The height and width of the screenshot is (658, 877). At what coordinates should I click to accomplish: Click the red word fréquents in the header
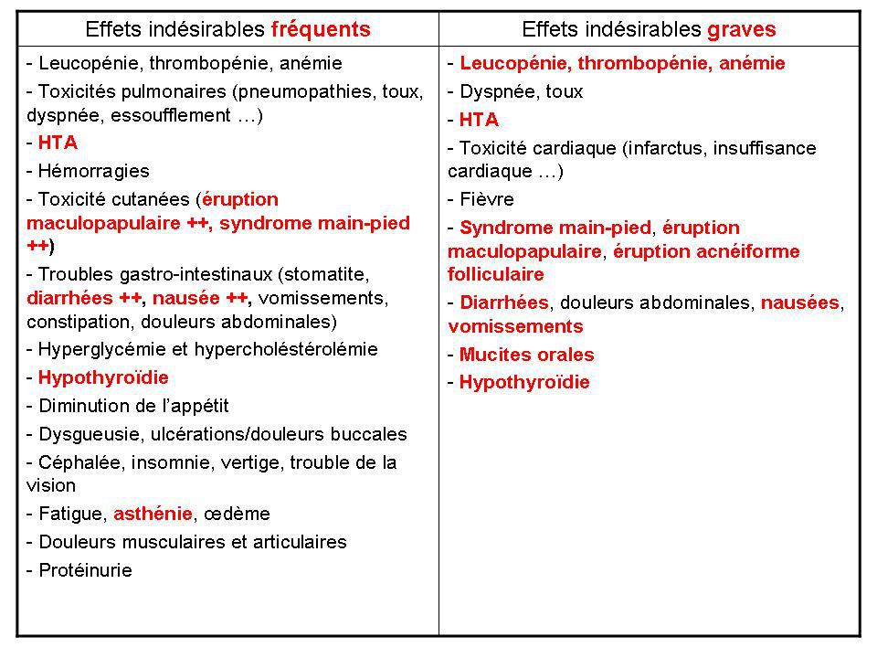click(321, 28)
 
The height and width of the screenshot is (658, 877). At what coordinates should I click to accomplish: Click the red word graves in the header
click(741, 28)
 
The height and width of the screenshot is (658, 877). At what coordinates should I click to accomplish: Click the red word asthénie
click(153, 514)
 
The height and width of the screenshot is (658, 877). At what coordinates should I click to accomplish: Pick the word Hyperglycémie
click(98, 349)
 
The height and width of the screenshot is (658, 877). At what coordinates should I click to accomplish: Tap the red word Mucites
click(492, 355)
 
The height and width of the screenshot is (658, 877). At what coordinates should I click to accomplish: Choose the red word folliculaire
click(495, 274)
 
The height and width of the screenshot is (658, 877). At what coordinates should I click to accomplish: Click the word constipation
click(76, 322)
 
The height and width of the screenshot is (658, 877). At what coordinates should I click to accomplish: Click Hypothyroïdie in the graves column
click(524, 383)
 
